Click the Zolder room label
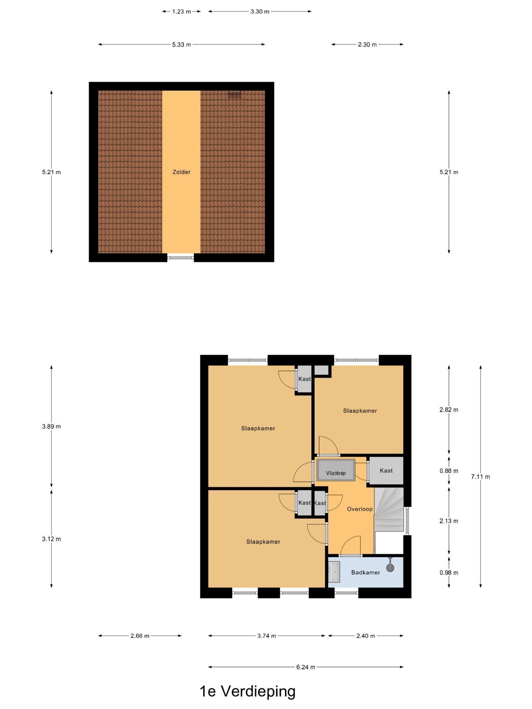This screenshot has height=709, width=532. click(x=181, y=172)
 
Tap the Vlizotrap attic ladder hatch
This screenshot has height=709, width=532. click(x=336, y=470)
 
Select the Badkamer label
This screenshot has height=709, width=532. click(x=365, y=572)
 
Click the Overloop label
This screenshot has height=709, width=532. click(x=359, y=509)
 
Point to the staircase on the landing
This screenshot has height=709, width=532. click(x=389, y=510)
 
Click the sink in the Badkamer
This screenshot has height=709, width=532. click(x=334, y=572)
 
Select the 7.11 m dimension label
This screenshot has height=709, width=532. click(x=480, y=477)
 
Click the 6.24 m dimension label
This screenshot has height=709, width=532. click(x=306, y=667)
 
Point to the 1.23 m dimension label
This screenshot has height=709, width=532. click(x=181, y=11)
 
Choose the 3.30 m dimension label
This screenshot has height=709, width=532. click(x=260, y=11)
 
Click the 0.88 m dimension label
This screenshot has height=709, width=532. click(x=449, y=471)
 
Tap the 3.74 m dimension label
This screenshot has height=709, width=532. click(x=267, y=636)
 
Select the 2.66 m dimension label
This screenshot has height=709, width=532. click(x=140, y=636)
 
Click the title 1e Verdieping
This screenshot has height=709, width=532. click(x=248, y=692)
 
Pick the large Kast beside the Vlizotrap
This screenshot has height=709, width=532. click(x=386, y=471)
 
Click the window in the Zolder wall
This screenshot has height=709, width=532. click(x=181, y=257)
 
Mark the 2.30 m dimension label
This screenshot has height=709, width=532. click(x=367, y=45)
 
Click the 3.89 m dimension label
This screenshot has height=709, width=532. click(x=51, y=427)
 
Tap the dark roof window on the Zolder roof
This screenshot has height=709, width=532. click(x=234, y=95)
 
